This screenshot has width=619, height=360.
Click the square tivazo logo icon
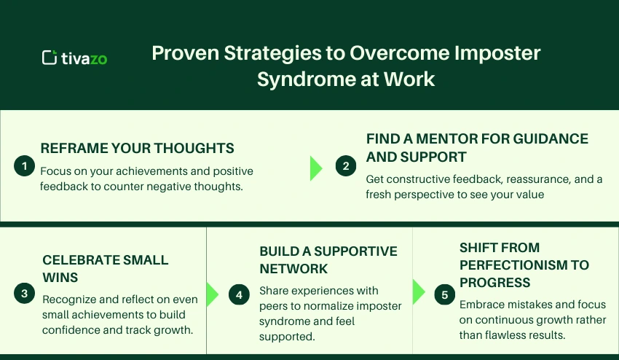[50, 58]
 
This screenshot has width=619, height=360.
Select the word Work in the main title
[412, 79]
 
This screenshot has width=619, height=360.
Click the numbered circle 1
[24, 166]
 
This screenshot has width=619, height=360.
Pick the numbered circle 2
[346, 166]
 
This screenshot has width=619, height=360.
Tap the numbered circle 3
[24, 294]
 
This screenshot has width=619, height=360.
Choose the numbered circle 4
[238, 294]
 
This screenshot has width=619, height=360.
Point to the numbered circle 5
[444, 294]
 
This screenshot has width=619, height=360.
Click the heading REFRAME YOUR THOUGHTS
[137, 148]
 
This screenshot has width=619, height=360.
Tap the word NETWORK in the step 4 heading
[293, 268]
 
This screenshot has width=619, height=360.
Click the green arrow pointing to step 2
[315, 167]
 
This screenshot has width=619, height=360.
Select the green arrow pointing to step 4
[212, 294]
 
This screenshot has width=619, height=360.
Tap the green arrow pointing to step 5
[419, 291]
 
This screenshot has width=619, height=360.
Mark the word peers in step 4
[275, 305]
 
